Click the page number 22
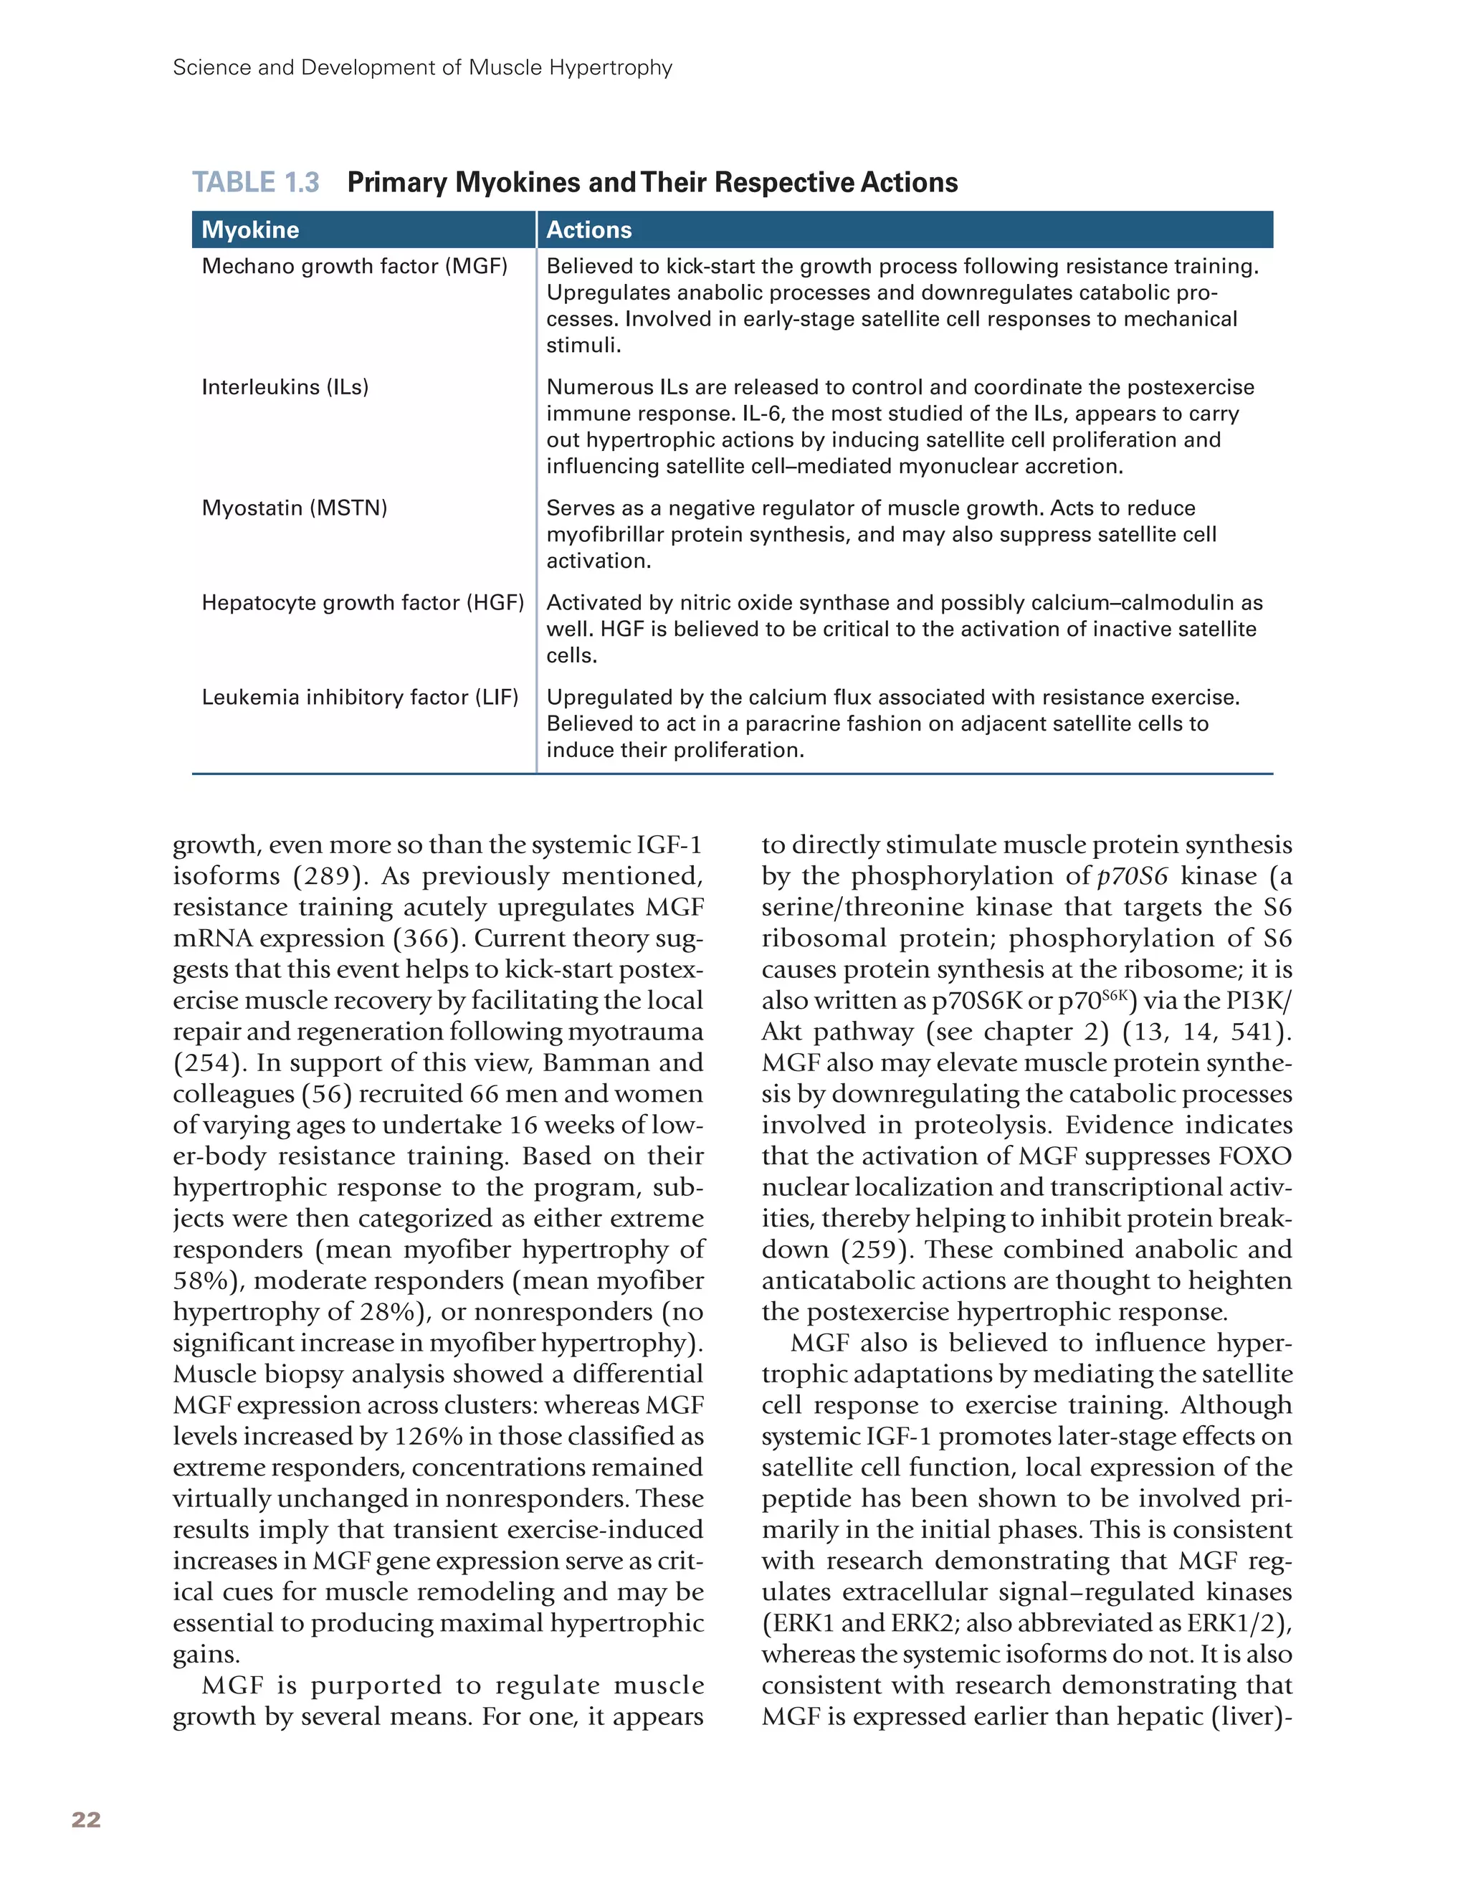(86, 1820)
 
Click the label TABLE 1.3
(255, 182)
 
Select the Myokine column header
(250, 230)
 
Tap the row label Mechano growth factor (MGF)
(354, 266)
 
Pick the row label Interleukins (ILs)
(285, 386)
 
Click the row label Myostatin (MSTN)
(295, 508)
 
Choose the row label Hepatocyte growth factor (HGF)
(362, 602)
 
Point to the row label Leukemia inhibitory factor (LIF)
(360, 697)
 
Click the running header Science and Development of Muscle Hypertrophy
(422, 67)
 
